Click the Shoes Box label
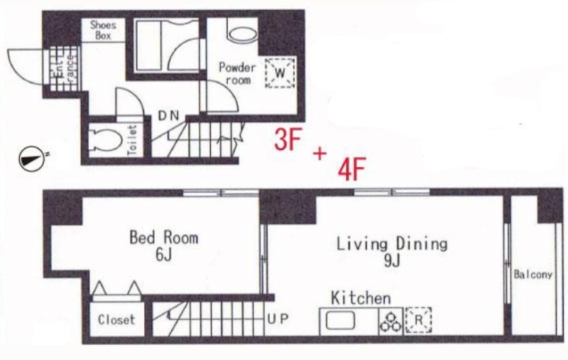coord(103,31)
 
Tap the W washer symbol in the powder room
coord(280,73)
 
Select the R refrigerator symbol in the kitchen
coord(418,320)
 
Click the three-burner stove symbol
coord(390,322)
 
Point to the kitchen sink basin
coord(340,321)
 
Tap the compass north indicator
coord(31,158)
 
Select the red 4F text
coord(351,169)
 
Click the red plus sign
coord(320,154)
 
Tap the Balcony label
coord(533,275)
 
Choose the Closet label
coord(116,320)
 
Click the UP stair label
coord(278,319)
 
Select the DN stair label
coord(169,116)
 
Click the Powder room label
coord(237,74)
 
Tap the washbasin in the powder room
coord(243,34)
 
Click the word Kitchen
coord(361,298)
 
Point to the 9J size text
coord(392,261)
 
